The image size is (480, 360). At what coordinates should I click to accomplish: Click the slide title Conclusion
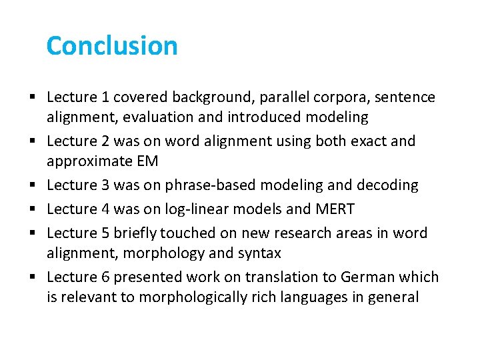pos(112,46)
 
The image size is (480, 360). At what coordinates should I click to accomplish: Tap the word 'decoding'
pos(389,185)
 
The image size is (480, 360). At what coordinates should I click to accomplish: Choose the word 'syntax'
pos(259,253)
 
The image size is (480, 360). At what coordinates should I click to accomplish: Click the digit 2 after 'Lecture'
pos(105,141)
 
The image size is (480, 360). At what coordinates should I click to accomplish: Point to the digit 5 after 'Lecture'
pos(105,233)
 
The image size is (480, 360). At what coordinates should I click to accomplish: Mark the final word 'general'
pos(394,297)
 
